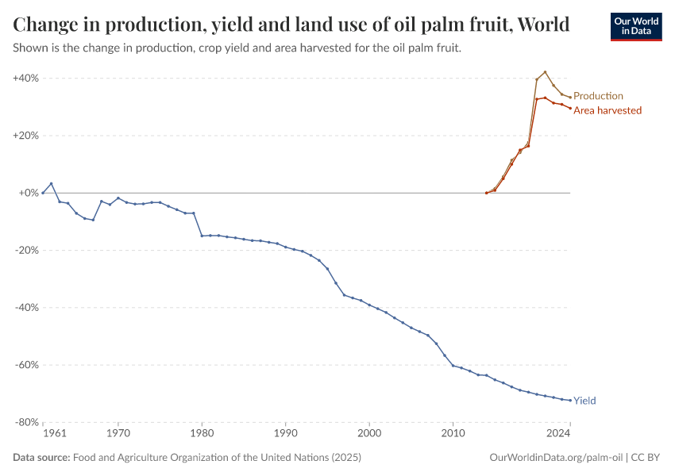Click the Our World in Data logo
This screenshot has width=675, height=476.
[635, 26]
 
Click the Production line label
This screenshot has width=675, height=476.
[598, 96]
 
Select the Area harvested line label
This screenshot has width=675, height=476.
[607, 110]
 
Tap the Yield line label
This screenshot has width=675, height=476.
[584, 401]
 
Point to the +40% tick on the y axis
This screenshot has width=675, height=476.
[26, 79]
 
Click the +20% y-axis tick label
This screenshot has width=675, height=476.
[26, 136]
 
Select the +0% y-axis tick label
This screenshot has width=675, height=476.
[29, 193]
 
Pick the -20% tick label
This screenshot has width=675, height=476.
[27, 251]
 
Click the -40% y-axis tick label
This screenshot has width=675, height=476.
[27, 308]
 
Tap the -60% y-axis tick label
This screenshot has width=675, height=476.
[27, 365]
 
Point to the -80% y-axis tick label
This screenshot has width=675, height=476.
[27, 422]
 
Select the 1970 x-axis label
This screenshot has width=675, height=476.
[118, 433]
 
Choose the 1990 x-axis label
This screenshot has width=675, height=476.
[286, 433]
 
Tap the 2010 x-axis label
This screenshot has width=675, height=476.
[453, 433]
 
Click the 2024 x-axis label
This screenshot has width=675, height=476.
[558, 433]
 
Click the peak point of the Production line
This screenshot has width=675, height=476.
[545, 72]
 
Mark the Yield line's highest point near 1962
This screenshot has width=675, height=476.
[52, 183]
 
